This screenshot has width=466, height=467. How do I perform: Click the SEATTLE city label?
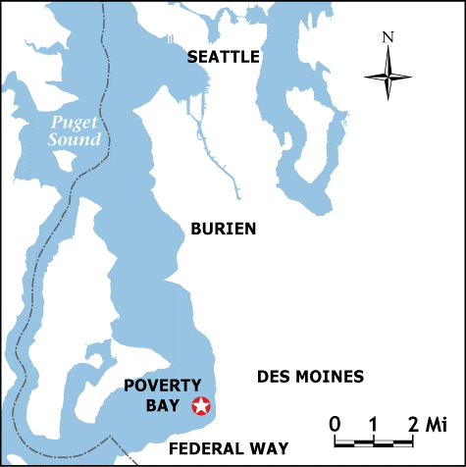click(x=224, y=57)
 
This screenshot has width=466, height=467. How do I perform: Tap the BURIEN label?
click(x=223, y=229)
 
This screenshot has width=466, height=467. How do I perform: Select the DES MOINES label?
click(x=310, y=377)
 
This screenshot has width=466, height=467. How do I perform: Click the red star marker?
click(x=201, y=404)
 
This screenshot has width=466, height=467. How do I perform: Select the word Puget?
click(x=75, y=123)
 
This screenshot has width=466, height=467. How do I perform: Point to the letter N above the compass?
click(x=388, y=37)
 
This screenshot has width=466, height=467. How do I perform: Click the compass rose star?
click(x=388, y=75)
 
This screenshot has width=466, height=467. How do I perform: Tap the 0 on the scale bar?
click(x=336, y=425)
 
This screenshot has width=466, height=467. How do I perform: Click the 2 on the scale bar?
click(x=413, y=425)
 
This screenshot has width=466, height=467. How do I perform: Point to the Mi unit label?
click(x=435, y=425)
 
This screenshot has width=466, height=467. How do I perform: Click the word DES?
click(x=273, y=377)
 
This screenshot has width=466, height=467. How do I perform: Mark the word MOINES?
click(x=329, y=377)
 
